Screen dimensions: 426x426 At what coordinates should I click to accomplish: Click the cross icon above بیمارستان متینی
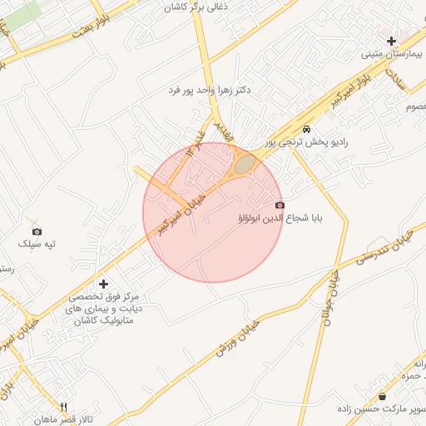click(391, 41)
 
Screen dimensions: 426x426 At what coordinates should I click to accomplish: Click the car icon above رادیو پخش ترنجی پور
click(307, 129)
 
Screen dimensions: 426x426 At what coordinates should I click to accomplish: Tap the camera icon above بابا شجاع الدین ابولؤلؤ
click(279, 205)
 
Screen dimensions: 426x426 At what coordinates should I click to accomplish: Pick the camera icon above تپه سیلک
click(37, 231)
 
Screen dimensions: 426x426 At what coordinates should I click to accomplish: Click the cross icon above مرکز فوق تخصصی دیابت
click(103, 285)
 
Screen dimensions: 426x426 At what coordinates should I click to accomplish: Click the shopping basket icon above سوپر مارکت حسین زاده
click(382, 396)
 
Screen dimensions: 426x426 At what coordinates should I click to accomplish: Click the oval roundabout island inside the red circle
click(244, 164)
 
